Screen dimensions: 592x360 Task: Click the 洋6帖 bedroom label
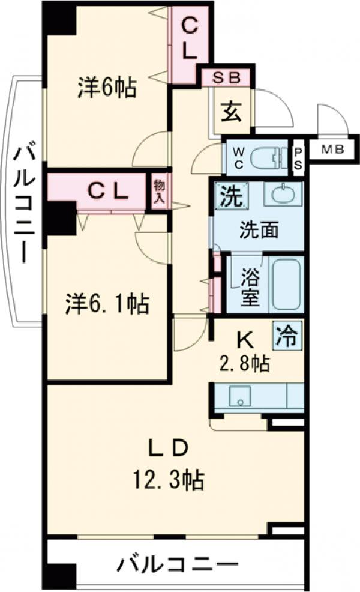point(106,88)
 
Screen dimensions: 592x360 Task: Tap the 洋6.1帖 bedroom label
point(107,304)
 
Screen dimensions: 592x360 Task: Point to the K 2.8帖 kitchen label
point(244,351)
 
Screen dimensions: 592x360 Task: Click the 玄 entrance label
point(231,112)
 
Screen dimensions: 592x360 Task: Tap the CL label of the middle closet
point(109,192)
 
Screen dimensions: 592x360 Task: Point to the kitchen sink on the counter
point(241,396)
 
